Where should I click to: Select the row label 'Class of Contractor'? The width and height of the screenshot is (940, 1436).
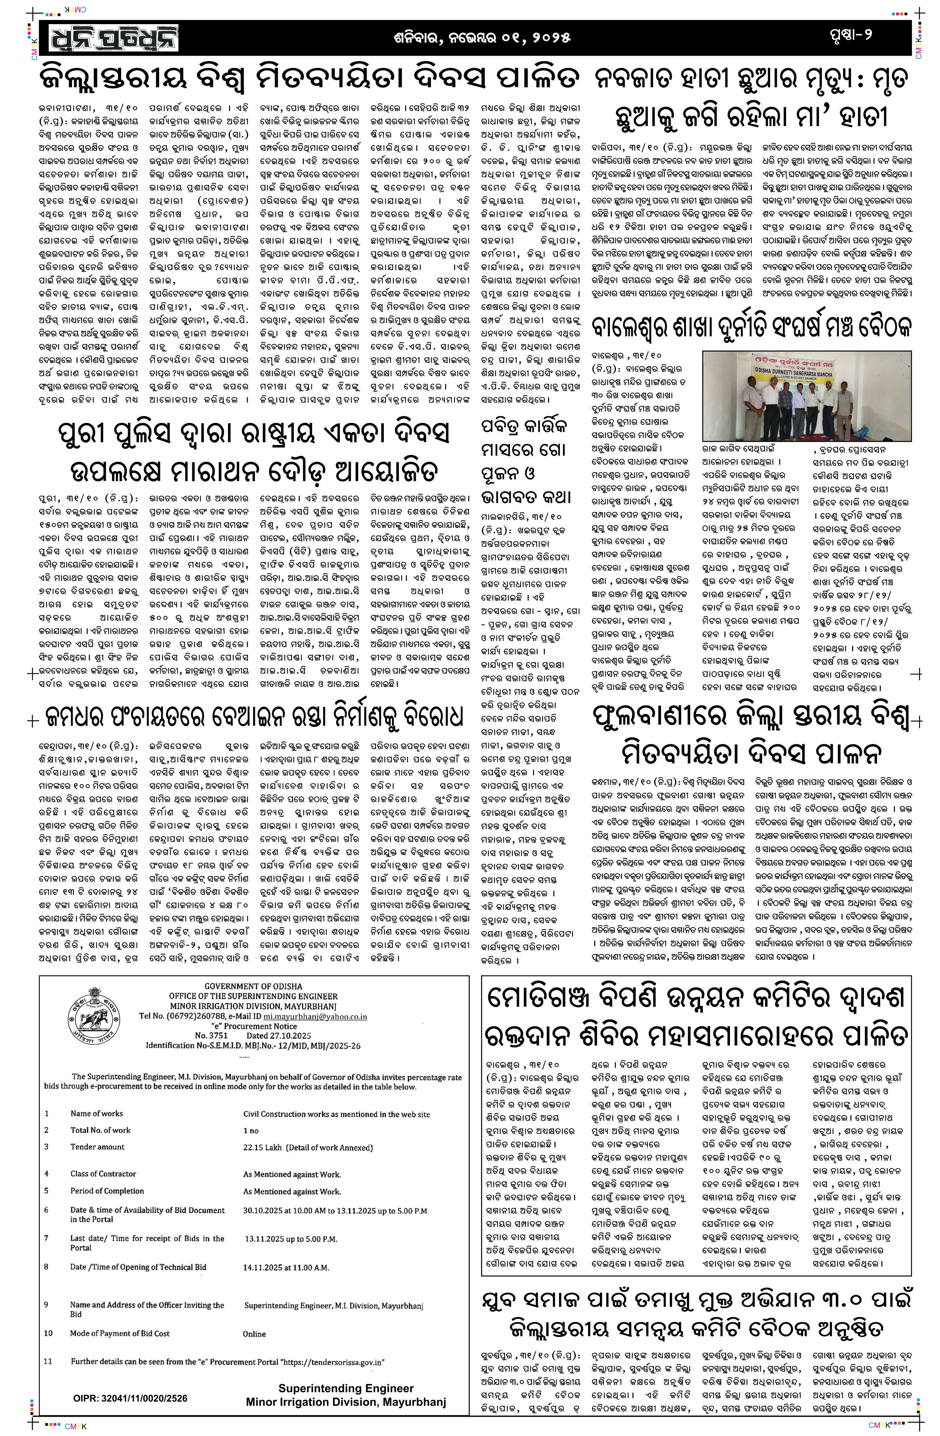[x=103, y=1173]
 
